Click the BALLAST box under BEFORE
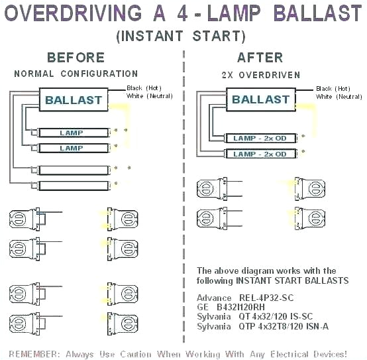[x=74, y=101]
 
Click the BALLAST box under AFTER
[x=260, y=99]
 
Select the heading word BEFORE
[x=76, y=58]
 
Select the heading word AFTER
[x=260, y=58]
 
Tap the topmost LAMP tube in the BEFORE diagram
[x=72, y=133]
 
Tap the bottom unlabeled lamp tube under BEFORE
[x=72, y=186]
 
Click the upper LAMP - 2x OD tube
[x=260, y=138]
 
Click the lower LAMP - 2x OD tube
[x=260, y=154]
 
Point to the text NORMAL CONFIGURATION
[x=76, y=74]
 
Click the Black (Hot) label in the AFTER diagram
[x=333, y=88]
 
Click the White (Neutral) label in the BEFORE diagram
[x=148, y=96]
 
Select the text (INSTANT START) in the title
[x=181, y=36]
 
